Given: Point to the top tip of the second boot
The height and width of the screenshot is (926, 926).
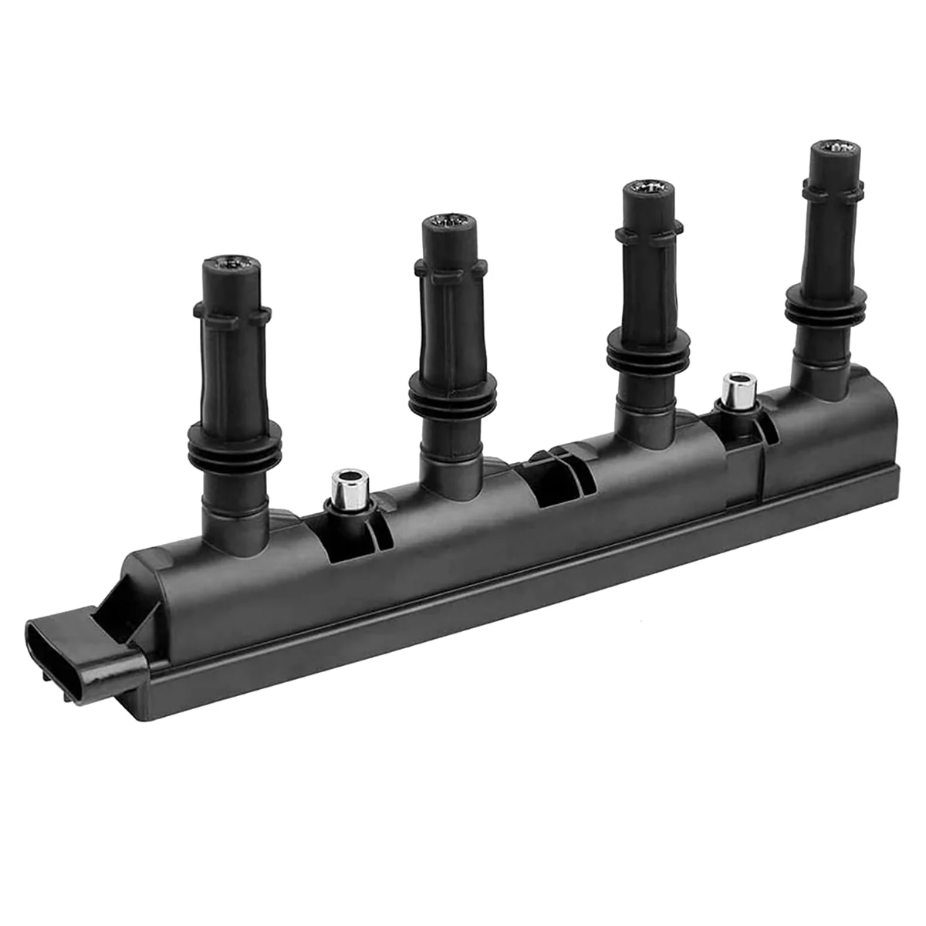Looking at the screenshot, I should (x=449, y=225).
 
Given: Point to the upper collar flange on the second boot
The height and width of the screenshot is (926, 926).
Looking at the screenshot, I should (x=451, y=267).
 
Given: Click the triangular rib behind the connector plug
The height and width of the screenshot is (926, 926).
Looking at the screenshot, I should (x=127, y=610).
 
